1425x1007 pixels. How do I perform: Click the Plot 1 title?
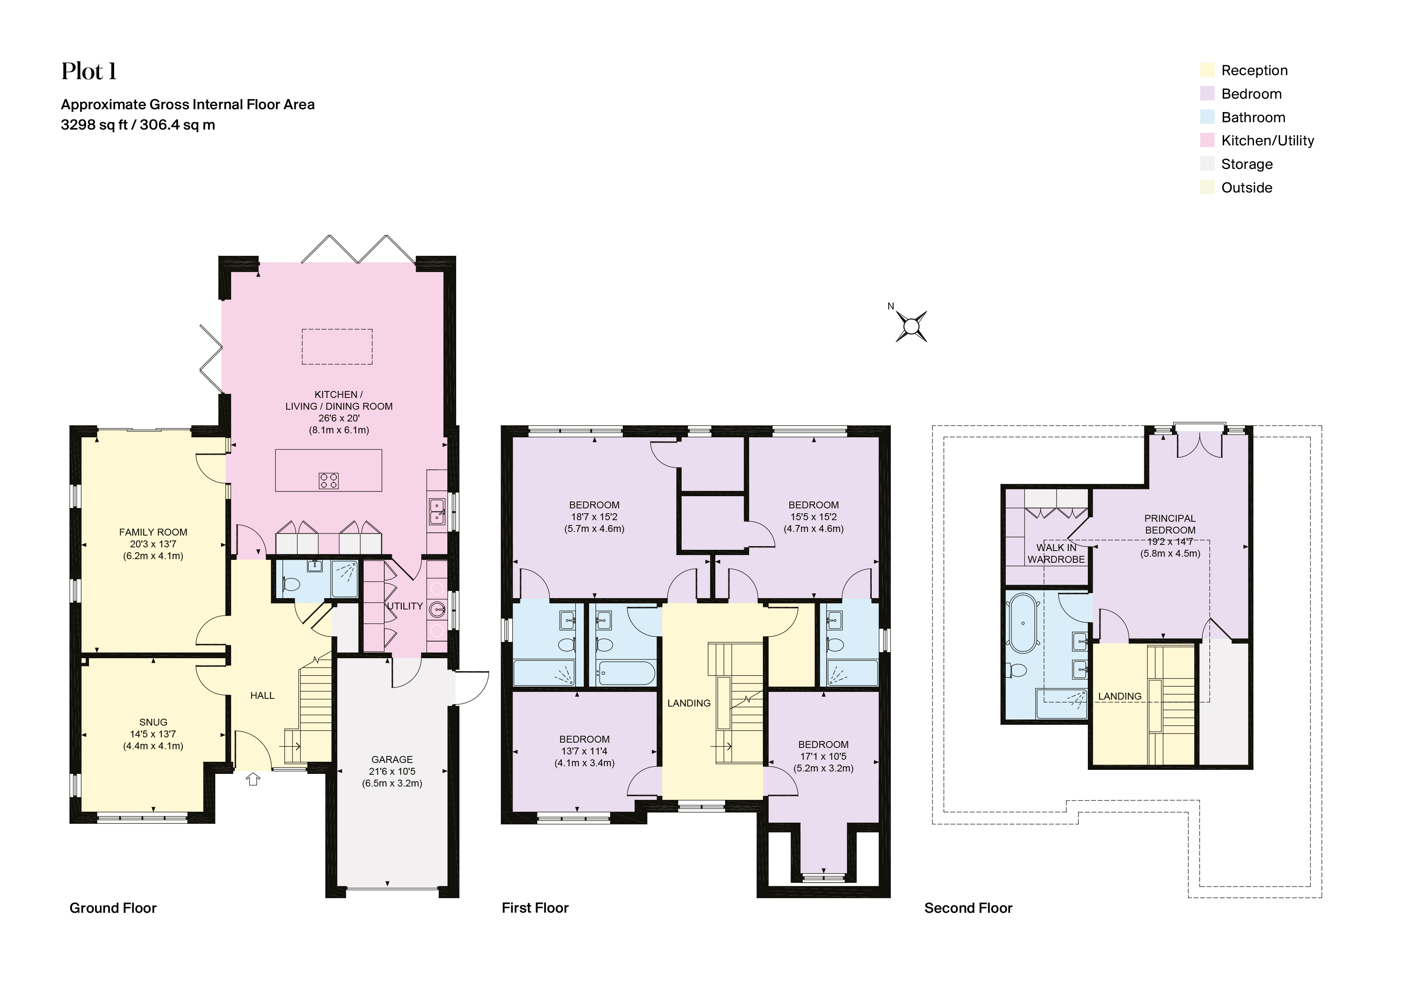click(x=89, y=72)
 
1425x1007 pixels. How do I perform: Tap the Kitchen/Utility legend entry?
click(x=1267, y=141)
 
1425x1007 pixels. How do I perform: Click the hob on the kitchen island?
click(x=329, y=480)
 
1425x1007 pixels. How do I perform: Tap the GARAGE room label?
click(x=392, y=759)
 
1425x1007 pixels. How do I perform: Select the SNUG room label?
click(x=153, y=722)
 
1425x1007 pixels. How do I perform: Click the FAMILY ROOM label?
click(x=153, y=532)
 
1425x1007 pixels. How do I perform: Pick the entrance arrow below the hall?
click(x=253, y=779)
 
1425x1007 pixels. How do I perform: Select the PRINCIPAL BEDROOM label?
click(x=1169, y=524)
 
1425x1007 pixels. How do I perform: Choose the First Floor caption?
click(x=535, y=908)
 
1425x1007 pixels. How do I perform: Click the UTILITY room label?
click(x=405, y=606)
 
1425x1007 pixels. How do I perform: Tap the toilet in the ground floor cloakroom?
click(x=290, y=584)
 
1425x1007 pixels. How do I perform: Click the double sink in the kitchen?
click(x=437, y=512)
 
